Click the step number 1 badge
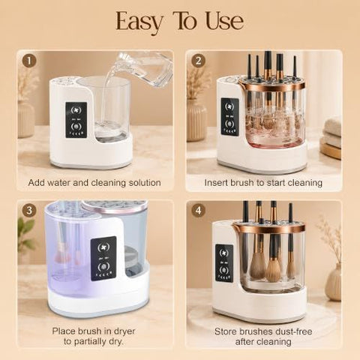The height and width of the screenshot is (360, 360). point(29,61)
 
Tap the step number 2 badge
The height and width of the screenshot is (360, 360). point(199,61)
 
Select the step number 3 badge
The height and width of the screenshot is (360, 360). point(29,211)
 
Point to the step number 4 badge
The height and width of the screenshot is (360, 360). point(199,211)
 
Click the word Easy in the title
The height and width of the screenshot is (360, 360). point(139,22)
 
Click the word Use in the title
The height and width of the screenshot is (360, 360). point(224,21)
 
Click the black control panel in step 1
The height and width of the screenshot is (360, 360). point(76,120)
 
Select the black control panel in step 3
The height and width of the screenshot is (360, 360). point(103,259)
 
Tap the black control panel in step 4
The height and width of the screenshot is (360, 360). point(224,263)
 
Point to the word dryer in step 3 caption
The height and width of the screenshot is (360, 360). point(124,331)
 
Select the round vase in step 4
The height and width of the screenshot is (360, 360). point(334,282)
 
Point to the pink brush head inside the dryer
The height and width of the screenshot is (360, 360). point(61,253)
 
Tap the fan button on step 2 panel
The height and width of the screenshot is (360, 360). point(229,107)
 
